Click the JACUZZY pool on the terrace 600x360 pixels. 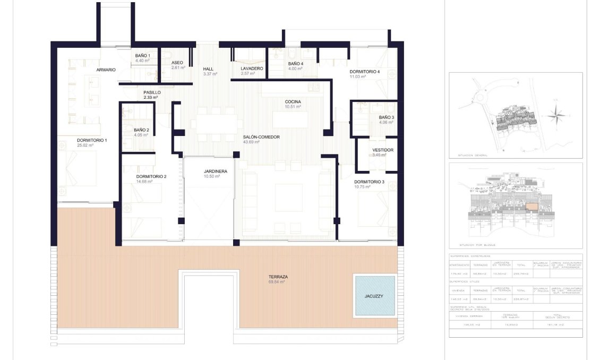click(375, 296)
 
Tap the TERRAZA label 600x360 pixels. click(278, 277)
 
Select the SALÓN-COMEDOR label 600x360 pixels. click(261, 137)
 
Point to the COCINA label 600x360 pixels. click(293, 101)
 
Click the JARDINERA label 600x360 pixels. click(216, 172)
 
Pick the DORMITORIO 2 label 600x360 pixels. click(151, 176)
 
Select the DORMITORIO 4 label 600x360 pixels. click(365, 72)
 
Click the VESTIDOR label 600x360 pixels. click(382, 150)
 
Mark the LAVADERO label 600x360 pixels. click(252, 68)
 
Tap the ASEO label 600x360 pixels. click(177, 63)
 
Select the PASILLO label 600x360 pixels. click(152, 92)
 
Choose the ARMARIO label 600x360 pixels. click(106, 70)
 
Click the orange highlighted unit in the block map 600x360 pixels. click(532, 207)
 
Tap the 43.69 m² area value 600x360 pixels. click(253, 142)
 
